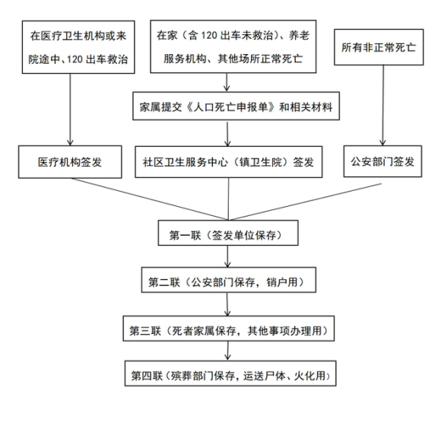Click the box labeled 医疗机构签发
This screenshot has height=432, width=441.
pyautogui.click(x=70, y=162)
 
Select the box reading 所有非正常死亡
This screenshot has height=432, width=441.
pyautogui.click(x=379, y=47)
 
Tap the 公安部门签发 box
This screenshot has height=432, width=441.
pyautogui.click(x=382, y=161)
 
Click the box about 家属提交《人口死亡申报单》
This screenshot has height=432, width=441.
pyautogui.click(x=236, y=106)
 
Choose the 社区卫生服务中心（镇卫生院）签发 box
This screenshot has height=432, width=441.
pyautogui.click(x=229, y=162)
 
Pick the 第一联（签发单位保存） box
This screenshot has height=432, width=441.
pyautogui.click(x=228, y=233)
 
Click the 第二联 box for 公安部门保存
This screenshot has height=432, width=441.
pyautogui.click(x=229, y=280)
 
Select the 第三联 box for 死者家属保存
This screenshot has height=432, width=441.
pyautogui.click(x=229, y=329)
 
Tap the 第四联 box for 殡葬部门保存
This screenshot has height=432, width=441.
pyautogui.click(x=230, y=373)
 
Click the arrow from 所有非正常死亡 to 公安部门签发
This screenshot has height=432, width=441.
pyautogui.click(x=382, y=105)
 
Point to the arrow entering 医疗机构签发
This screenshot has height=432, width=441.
pyautogui.click(x=70, y=110)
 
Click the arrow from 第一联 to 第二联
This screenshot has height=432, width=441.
pyautogui.click(x=228, y=256)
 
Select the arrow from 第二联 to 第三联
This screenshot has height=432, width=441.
pyautogui.click(x=227, y=304)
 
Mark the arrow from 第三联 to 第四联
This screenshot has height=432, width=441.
pyautogui.click(x=228, y=351)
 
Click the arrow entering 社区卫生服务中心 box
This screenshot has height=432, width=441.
pyautogui.click(x=227, y=133)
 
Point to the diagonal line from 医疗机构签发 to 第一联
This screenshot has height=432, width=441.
pyautogui.click(x=149, y=199)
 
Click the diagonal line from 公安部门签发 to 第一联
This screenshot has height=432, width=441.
pyautogui.click(x=305, y=202)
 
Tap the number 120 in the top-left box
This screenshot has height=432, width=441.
pyautogui.click(x=75, y=59)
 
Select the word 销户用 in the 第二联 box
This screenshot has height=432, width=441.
pyautogui.click(x=282, y=282)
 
